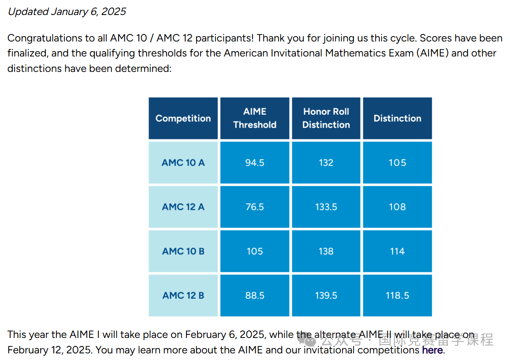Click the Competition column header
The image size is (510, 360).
[183, 118]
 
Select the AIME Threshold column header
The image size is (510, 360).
[255, 118]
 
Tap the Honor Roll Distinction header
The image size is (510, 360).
[326, 118]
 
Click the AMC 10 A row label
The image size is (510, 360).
[183, 162]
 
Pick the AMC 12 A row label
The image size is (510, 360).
[183, 206]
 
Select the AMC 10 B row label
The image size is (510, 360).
[183, 251]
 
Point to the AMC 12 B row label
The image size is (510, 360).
[183, 295]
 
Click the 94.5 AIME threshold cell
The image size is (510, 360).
[255, 162]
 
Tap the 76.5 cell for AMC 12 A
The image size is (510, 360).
[255, 206]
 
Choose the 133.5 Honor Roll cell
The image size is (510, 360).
[326, 206]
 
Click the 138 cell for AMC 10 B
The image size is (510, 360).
[326, 251]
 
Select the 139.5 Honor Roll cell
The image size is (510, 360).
[326, 295]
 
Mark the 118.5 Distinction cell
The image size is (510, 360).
[398, 295]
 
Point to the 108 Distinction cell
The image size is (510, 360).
[398, 206]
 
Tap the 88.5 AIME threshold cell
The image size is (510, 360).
[255, 295]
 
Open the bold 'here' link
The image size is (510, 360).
[432, 350]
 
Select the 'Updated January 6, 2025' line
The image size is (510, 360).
[67, 12]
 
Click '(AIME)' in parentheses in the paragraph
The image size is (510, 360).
[432, 53]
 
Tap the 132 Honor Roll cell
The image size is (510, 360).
[326, 162]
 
